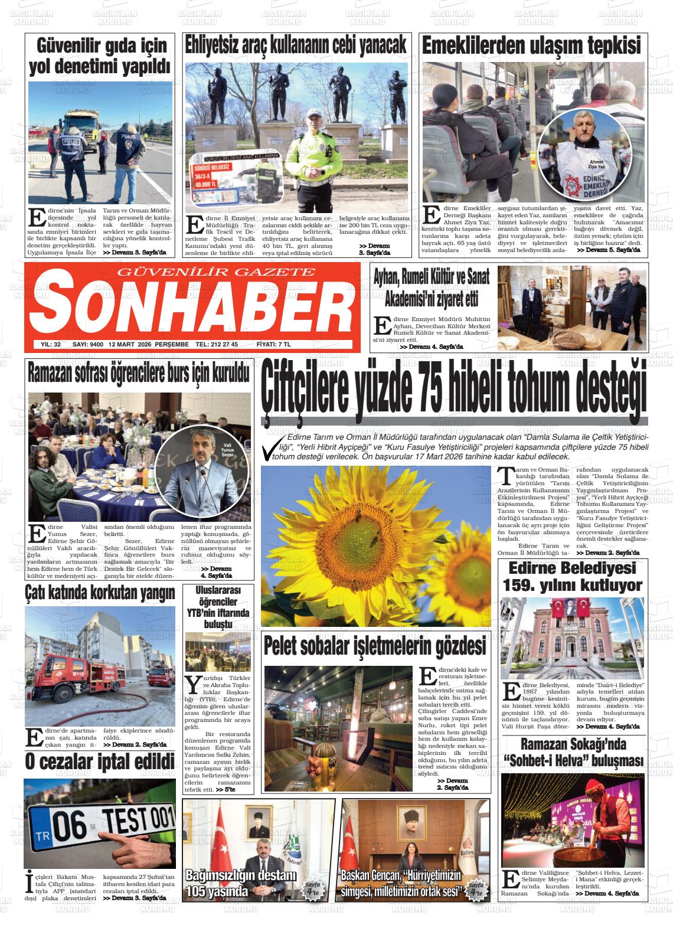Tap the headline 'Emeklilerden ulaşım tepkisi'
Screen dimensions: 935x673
pos(531,45)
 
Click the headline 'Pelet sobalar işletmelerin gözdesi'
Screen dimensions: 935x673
pos(375,646)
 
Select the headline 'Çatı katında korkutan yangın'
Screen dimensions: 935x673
pos(100,592)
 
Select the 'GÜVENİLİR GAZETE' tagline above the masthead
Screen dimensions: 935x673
pos(217,272)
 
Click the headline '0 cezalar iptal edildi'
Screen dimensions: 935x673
pos(100,761)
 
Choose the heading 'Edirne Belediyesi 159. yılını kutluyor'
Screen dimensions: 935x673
pos(571,577)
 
